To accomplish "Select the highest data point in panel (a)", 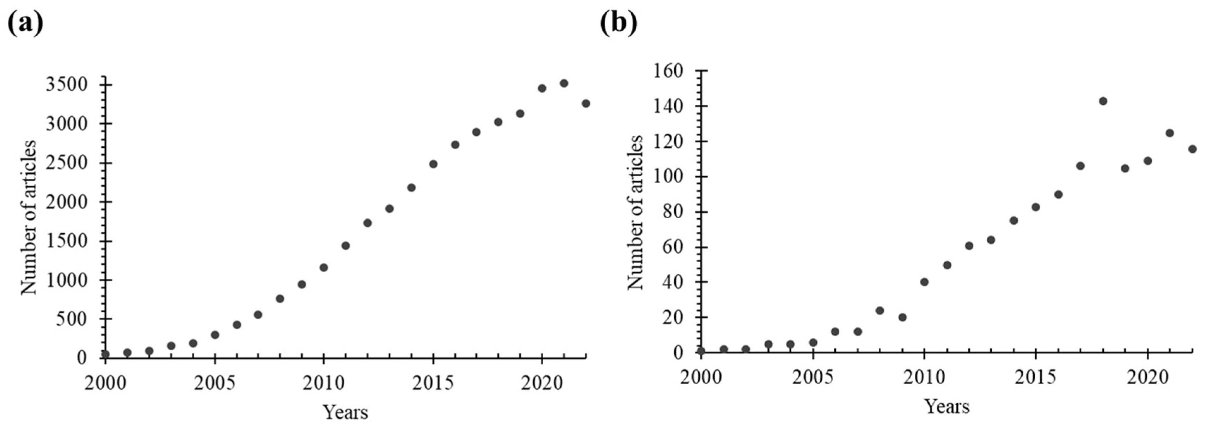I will click(564, 83).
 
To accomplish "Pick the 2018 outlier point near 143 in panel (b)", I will click(1103, 101).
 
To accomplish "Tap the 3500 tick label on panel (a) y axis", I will click(67, 85).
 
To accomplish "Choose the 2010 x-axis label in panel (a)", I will click(323, 383).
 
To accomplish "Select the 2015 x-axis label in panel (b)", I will click(1036, 379).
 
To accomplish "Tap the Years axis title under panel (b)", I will click(946, 406).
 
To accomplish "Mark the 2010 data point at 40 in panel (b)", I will click(924, 282).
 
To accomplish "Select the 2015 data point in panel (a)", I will click(433, 164).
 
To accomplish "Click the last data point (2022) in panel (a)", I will click(586, 104).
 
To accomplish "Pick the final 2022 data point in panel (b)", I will click(1193, 149).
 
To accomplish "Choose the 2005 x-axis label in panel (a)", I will click(215, 383).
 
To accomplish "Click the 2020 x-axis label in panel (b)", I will click(1147, 379).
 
